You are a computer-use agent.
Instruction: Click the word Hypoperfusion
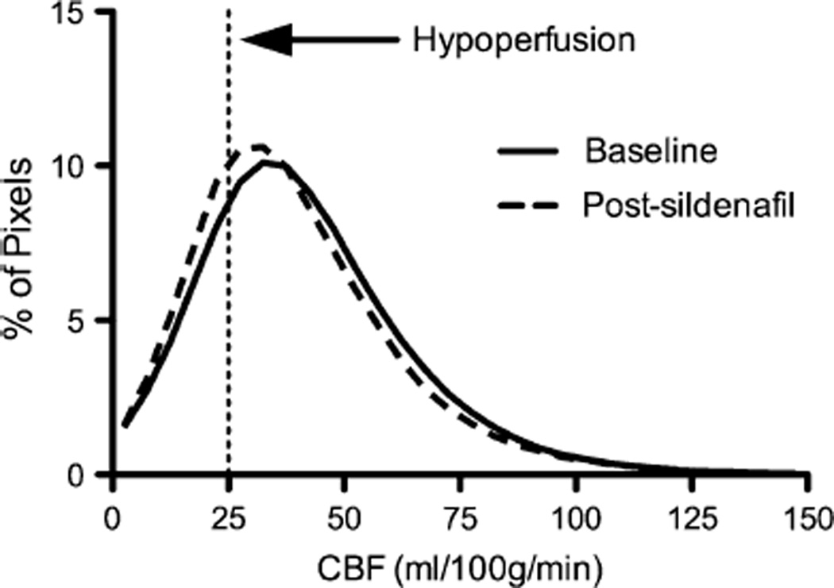(524, 40)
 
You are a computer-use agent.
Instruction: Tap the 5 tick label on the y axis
(89, 321)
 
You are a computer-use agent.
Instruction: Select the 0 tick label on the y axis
(89, 474)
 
